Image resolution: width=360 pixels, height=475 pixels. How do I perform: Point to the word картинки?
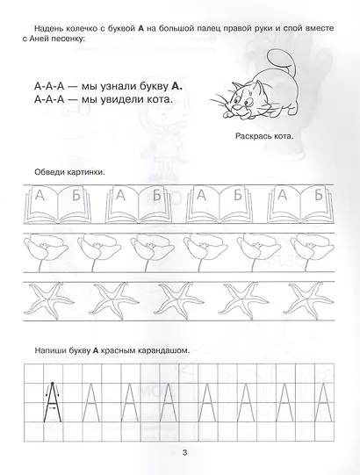85,172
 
